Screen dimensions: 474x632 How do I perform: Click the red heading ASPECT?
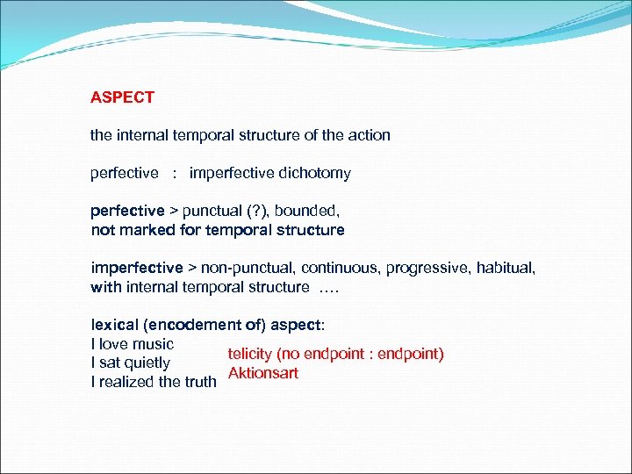[122, 97]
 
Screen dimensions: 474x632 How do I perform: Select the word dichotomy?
[314, 173]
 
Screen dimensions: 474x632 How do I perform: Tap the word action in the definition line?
[369, 135]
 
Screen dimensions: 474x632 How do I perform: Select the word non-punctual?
[241, 268]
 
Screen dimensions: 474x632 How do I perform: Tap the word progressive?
[425, 268]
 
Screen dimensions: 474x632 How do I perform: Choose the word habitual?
[504, 268]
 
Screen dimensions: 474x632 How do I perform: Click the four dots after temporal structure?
[330, 287]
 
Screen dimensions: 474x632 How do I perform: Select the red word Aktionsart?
[262, 373]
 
